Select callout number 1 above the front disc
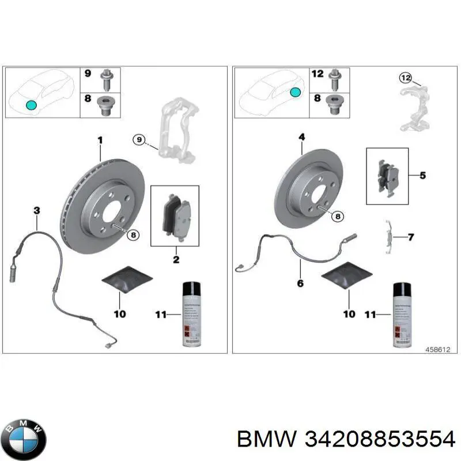point(100,140)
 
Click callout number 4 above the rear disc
point(301,137)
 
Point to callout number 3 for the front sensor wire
point(36,212)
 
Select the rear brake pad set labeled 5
point(387,176)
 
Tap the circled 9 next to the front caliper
point(138,139)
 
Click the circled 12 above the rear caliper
point(406,77)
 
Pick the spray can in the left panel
point(190,314)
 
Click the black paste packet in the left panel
point(127,279)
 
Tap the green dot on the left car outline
point(31,105)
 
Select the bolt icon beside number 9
point(106,78)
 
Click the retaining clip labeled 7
point(390,237)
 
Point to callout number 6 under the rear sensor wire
point(300,283)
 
